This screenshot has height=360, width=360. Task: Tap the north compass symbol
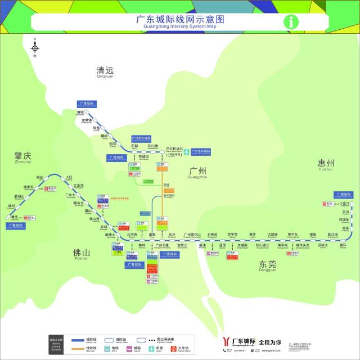pyautogui.click(x=34, y=47)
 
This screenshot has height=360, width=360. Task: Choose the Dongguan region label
pyautogui.click(x=268, y=264)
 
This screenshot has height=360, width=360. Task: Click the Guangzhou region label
pyautogui.click(x=198, y=171)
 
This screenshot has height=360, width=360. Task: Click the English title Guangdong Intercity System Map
pyautogui.click(x=180, y=26)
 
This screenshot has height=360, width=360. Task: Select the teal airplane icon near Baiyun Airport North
pyautogui.click(x=186, y=151)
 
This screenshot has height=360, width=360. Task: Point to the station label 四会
pyautogui.click(x=39, y=177)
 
